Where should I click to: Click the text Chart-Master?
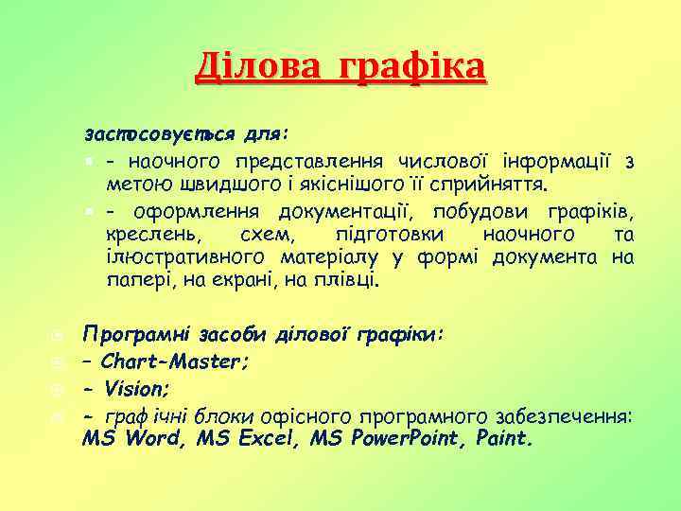tap(174, 361)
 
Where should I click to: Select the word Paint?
tap(506, 439)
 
